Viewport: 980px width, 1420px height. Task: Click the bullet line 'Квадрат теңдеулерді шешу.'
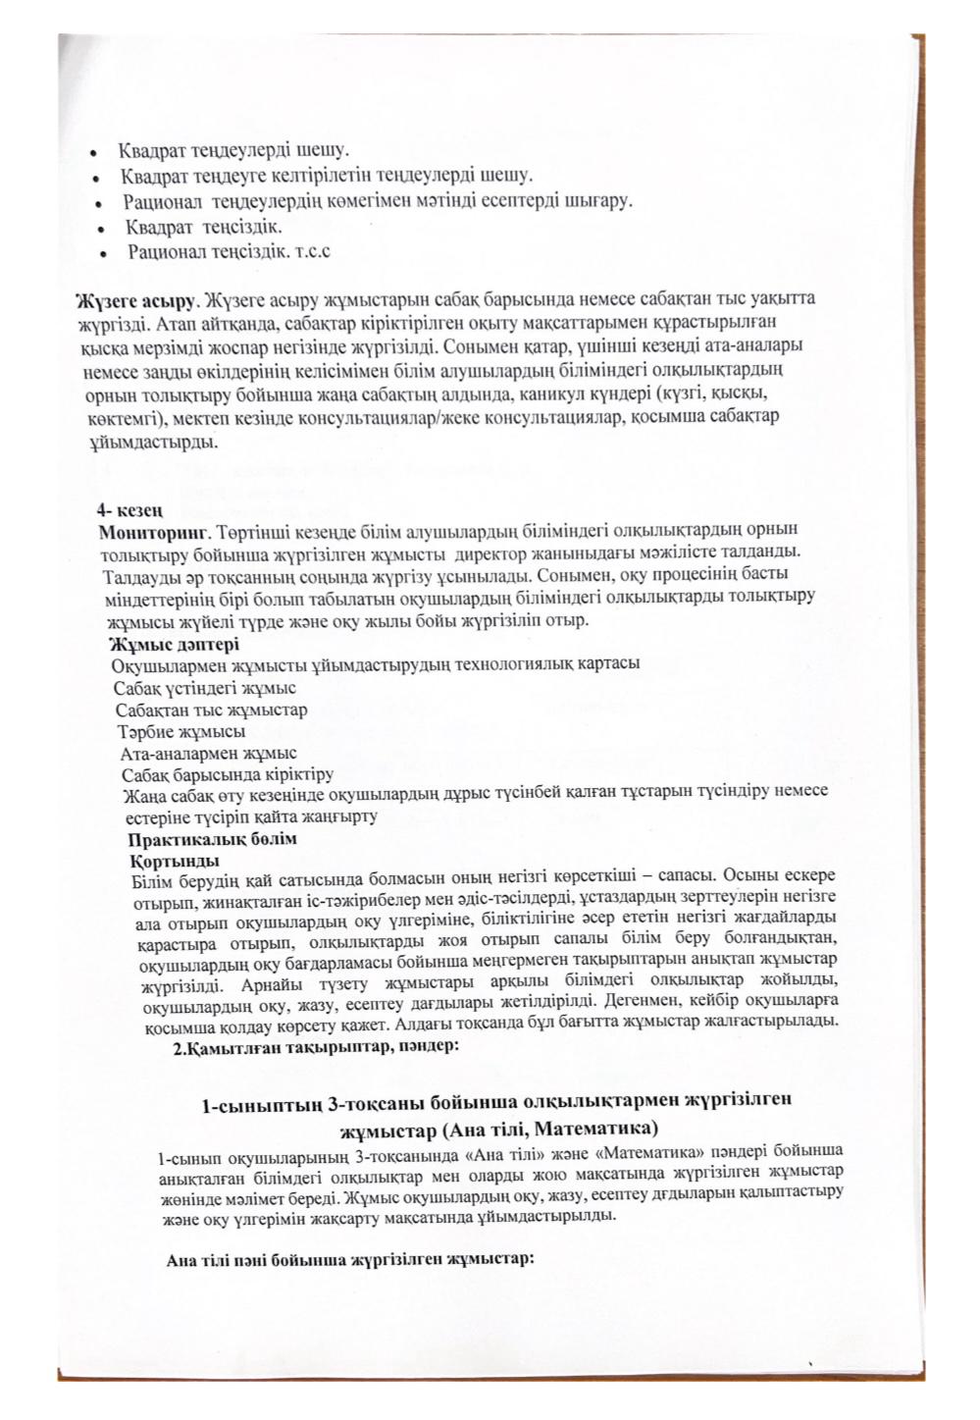233,152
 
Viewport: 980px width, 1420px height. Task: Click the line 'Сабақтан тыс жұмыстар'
211,710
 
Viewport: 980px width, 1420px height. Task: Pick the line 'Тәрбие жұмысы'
181,732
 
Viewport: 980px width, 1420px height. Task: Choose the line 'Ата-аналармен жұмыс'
209,754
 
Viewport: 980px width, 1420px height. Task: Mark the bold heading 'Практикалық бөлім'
213,841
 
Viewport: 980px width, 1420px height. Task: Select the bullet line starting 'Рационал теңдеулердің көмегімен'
378,201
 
